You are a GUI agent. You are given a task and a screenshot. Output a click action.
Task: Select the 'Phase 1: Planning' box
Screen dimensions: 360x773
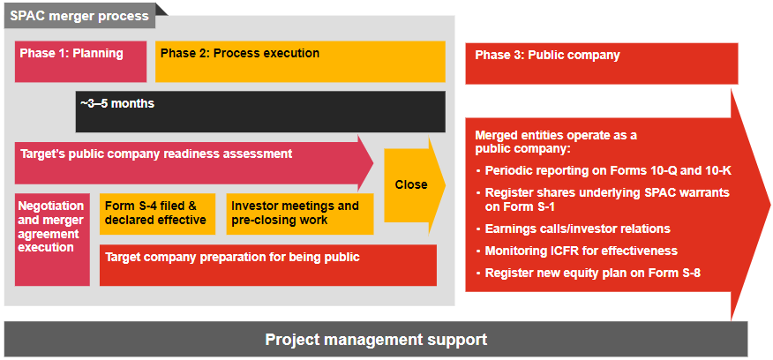click(x=80, y=61)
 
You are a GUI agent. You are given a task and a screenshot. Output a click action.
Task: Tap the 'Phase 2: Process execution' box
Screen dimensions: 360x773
click(x=301, y=61)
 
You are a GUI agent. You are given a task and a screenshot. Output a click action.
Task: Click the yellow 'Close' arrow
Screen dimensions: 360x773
click(x=413, y=184)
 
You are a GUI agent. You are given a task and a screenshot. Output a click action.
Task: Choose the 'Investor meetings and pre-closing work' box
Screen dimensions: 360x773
click(x=298, y=214)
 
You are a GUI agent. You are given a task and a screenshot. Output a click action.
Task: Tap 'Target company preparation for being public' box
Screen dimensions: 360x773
click(x=268, y=265)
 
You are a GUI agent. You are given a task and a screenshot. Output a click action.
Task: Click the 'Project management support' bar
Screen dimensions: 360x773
click(x=376, y=339)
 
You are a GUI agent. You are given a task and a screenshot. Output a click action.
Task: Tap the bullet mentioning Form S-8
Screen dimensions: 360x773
click(x=592, y=273)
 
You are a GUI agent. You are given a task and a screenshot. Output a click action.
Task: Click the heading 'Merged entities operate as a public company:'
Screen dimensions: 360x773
click(x=556, y=141)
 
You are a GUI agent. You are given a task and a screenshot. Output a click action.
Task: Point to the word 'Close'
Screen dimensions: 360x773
click(x=411, y=184)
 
